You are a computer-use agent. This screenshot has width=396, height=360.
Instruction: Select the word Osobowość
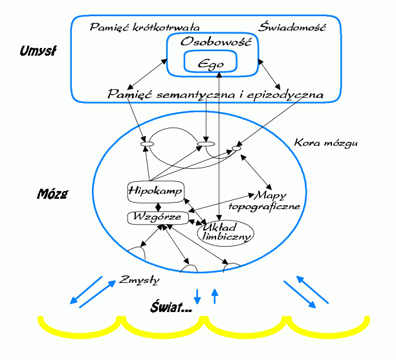click(x=210, y=41)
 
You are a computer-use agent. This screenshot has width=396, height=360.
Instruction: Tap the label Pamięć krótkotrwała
click(x=144, y=27)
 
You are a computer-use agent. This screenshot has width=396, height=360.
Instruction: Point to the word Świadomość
click(x=292, y=27)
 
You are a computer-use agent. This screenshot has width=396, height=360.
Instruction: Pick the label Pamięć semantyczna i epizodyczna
click(x=215, y=95)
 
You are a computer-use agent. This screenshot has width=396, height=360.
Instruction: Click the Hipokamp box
click(x=156, y=191)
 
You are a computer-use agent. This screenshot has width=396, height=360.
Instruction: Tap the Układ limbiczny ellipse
click(x=225, y=232)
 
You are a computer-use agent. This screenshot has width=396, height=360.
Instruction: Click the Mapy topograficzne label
click(x=267, y=201)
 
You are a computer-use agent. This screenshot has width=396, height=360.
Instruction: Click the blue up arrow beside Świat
click(x=215, y=295)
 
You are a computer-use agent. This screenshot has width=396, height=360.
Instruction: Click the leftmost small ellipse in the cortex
click(x=147, y=142)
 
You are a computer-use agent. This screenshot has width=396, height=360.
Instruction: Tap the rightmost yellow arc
click(x=326, y=326)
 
